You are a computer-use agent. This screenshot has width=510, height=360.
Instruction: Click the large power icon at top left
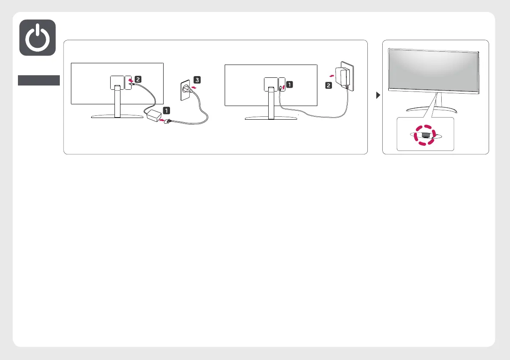click(38, 38)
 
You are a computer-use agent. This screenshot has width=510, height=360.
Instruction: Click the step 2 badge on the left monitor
click(138, 79)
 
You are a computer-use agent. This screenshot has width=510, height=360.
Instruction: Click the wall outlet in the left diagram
click(184, 91)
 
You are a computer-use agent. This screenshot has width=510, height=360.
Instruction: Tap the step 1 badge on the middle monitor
click(289, 85)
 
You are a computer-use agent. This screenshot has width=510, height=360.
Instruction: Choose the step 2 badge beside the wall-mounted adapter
click(328, 86)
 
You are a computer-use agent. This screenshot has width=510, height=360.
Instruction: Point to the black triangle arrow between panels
click(378, 95)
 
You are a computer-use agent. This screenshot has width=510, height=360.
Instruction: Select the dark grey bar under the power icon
click(38, 80)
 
